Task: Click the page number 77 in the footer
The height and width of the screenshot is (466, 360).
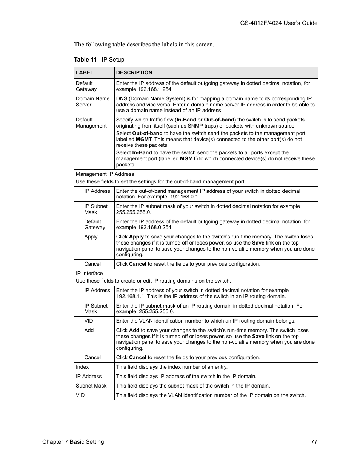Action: [x=314, y=442]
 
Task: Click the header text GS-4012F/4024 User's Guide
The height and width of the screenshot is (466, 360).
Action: [x=278, y=23]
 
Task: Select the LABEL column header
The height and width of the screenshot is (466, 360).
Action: [x=85, y=73]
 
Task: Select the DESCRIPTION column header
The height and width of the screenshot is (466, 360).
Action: [x=134, y=73]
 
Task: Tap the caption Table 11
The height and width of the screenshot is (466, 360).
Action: [x=85, y=60]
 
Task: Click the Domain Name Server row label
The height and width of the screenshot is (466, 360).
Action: [x=92, y=102]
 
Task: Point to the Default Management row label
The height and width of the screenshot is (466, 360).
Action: [x=91, y=123]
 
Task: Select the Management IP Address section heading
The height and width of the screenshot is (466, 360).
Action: [x=105, y=174]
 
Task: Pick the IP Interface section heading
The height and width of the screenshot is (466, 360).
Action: [x=89, y=273]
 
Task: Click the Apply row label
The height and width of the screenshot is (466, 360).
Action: [x=91, y=237]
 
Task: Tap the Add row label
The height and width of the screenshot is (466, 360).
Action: [x=89, y=330]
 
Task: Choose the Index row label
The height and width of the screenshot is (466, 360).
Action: [x=82, y=367]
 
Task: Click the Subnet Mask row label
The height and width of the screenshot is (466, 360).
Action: [x=91, y=386]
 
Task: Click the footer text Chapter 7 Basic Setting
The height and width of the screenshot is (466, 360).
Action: [x=73, y=442]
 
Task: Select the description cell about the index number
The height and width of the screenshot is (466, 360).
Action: [x=172, y=367]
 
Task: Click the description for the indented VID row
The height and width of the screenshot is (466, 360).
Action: [x=206, y=321]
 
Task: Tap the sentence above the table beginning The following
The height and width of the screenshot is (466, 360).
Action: [x=144, y=45]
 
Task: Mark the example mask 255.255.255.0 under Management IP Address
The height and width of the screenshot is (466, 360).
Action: [x=133, y=212]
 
